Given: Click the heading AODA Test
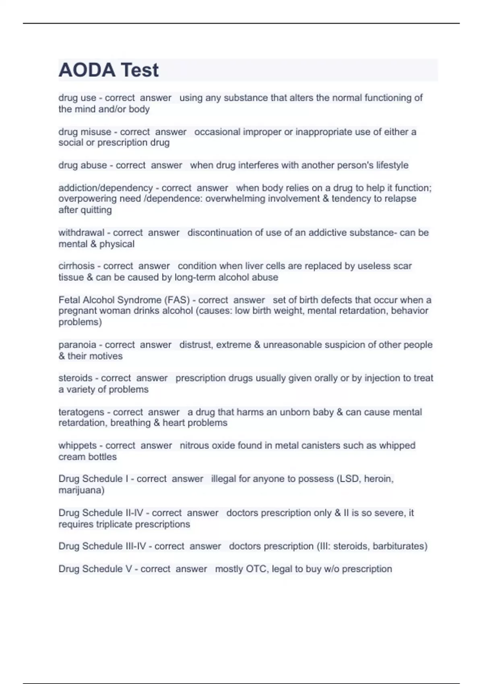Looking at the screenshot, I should coord(109,70).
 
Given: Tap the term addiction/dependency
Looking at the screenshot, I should coord(105,188).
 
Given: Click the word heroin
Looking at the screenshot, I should coord(378,479).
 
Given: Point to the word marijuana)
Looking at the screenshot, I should coord(81,490).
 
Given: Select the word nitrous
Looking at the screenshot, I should coord(194,445).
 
